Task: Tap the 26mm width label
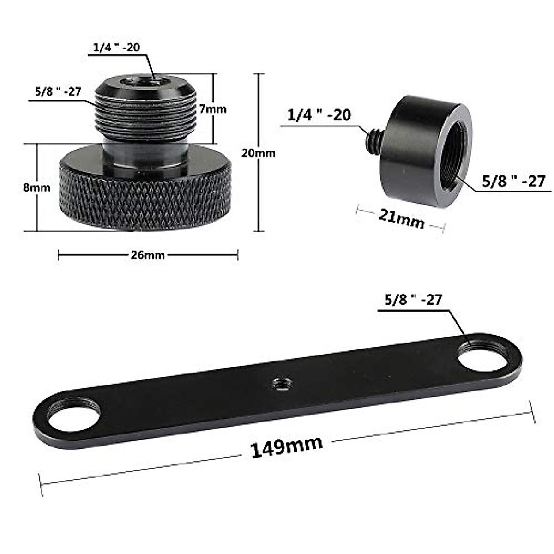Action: click(147, 255)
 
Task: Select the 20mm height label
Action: click(258, 153)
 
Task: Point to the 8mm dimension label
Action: click(37, 187)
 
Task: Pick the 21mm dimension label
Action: click(401, 218)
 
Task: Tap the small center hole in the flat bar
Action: click(279, 382)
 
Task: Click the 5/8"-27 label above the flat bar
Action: click(413, 300)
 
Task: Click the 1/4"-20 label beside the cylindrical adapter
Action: click(319, 115)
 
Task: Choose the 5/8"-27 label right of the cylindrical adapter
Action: click(513, 181)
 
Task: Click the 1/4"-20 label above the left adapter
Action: click(116, 47)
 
